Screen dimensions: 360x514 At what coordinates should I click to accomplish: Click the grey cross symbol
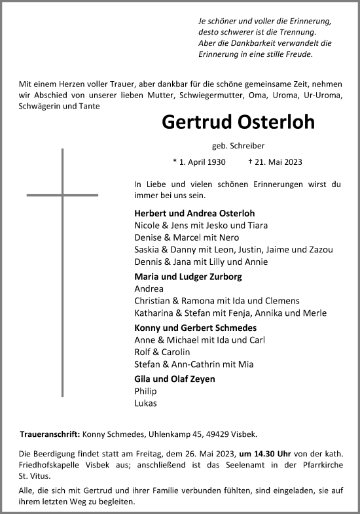point(63,195)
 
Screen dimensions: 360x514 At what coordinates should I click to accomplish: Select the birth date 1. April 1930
point(200,163)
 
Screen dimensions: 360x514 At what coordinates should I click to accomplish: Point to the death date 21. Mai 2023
point(279,163)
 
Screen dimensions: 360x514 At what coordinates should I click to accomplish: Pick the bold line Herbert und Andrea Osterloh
point(194,213)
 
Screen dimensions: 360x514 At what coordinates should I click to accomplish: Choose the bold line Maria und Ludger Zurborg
point(188,277)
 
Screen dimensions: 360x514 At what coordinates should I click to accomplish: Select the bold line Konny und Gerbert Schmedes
point(195,328)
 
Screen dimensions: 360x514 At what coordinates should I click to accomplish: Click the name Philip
point(145,391)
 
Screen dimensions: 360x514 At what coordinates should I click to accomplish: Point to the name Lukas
point(145,403)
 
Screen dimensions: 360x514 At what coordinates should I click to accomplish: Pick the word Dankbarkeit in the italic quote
point(257,43)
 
